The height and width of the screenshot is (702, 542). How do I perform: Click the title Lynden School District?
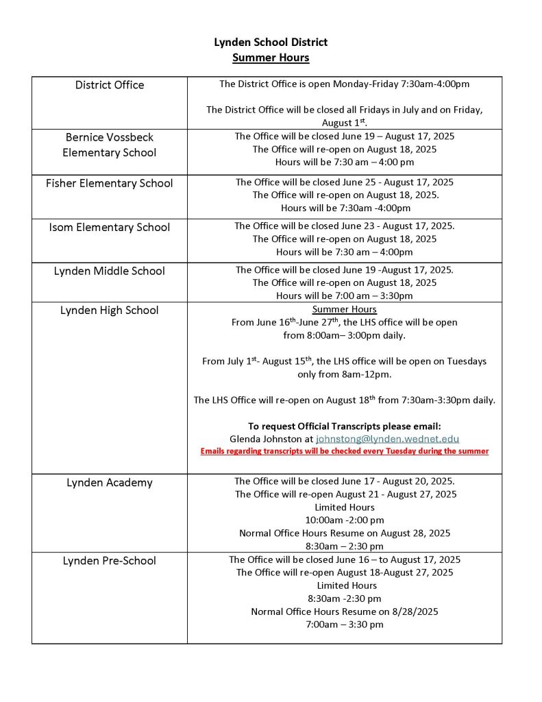point(271,43)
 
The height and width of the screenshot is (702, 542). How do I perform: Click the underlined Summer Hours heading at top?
point(271,58)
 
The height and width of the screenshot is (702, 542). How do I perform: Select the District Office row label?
point(110,85)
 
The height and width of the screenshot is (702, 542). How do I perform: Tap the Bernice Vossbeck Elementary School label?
point(110,145)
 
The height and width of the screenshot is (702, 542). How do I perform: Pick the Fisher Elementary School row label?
point(110,183)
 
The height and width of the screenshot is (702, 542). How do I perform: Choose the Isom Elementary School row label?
point(110,227)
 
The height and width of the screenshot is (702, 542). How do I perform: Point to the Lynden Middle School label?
point(110,271)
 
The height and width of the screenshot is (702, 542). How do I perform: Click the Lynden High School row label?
point(110,310)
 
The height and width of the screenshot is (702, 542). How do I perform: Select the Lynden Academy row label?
point(110,483)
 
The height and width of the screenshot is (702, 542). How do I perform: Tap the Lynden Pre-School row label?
point(110,561)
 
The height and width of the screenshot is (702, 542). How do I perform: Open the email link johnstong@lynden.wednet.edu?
point(387,439)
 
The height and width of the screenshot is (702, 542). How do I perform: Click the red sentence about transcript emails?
point(344,451)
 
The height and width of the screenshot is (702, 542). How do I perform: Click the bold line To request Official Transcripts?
point(344,426)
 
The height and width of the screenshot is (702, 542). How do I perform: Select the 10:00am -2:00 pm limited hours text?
point(344,520)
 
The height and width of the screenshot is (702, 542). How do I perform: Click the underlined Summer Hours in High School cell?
point(344,309)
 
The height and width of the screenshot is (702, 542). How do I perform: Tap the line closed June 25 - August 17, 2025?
point(344,182)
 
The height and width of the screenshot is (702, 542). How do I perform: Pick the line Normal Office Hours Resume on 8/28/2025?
point(344,612)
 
